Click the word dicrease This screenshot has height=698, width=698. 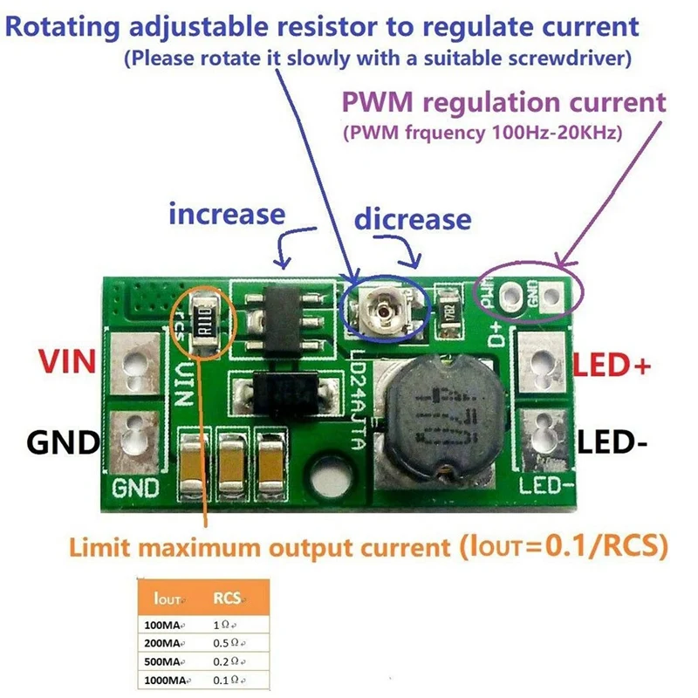413,219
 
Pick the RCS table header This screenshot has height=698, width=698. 229,599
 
